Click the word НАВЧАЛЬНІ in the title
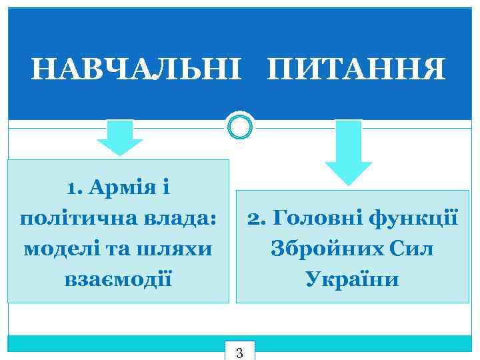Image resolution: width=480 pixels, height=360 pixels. point(134,69)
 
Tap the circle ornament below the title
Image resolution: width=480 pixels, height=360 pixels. point(240,125)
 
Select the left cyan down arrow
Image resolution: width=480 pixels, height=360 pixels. point(120,138)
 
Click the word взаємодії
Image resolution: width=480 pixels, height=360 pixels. point(119,279)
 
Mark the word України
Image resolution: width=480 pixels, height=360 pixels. point(353,279)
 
